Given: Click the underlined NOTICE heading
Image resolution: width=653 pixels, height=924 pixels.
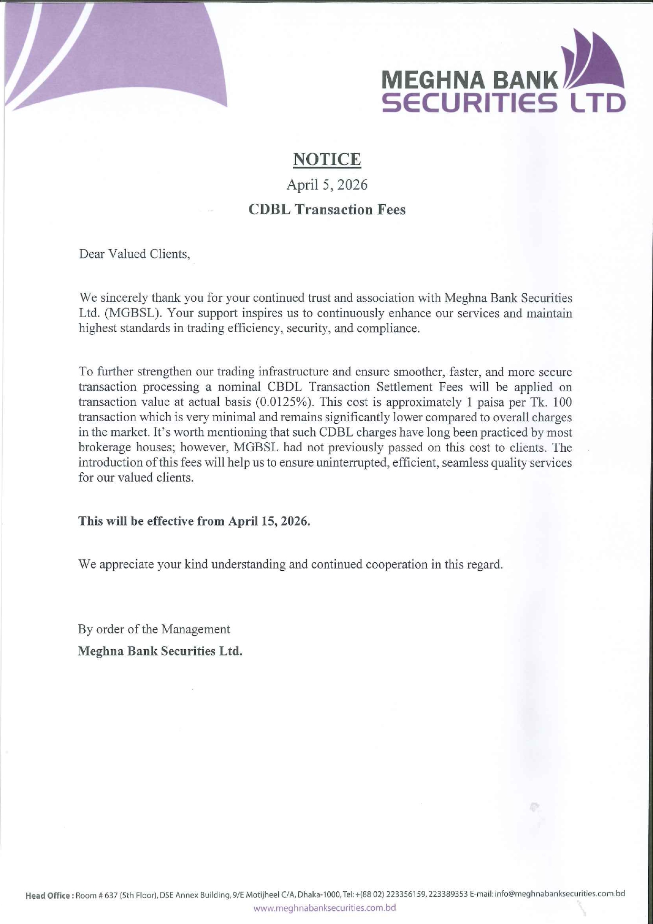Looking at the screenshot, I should pos(327,159).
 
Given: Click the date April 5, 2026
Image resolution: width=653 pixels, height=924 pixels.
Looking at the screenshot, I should pos(327,185).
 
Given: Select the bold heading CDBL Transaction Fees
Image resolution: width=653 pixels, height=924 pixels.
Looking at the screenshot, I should pos(327,210).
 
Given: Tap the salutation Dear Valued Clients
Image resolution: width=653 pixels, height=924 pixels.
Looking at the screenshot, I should pos(134,254).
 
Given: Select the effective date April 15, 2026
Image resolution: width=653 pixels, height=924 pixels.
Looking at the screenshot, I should pos(268,521).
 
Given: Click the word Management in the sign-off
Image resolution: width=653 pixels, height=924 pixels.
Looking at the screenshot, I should pos(196,629).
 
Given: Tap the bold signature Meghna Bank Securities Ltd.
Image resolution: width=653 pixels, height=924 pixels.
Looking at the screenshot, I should pos(160,651).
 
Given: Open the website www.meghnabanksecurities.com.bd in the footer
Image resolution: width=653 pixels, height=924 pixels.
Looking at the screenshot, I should pos(325,908).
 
